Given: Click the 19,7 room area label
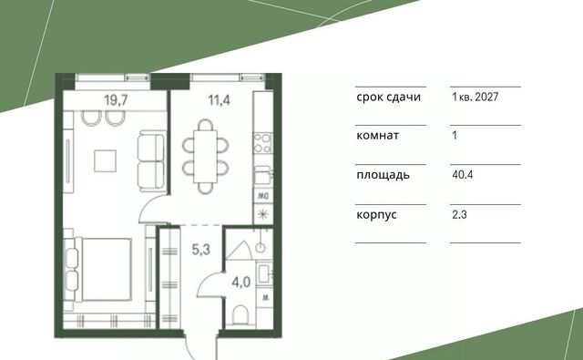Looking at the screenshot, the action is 116,100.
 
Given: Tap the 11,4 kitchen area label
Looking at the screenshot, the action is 219,100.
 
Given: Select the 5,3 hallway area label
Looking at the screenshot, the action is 200,250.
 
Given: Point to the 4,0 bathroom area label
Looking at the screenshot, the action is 240,283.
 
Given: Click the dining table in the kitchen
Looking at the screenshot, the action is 205,156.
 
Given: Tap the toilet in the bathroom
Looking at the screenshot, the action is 240,315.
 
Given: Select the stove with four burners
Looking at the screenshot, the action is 263,144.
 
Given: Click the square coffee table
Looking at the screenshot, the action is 106,161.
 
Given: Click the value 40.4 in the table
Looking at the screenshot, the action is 462,175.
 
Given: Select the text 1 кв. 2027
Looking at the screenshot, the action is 475,98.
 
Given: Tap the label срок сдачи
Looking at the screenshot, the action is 389,98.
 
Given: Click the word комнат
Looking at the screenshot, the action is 377,136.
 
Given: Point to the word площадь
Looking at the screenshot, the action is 383,175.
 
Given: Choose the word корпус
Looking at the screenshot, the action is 376,215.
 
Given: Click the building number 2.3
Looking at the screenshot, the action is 459,214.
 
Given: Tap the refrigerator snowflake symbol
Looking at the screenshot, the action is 263,214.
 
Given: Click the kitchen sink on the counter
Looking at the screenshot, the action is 263,175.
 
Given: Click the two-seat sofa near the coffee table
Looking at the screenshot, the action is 151,161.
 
